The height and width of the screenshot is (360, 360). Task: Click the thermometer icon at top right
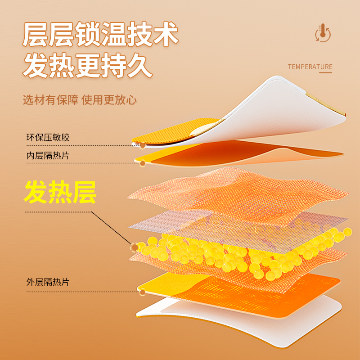(x=322, y=33)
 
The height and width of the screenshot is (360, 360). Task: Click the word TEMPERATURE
(x=310, y=67)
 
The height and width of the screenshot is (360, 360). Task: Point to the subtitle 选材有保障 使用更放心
(x=80, y=99)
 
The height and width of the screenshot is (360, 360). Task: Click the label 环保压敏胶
(x=48, y=138)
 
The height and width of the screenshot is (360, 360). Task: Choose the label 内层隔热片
(x=48, y=156)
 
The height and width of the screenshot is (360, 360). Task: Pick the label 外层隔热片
(x=48, y=282)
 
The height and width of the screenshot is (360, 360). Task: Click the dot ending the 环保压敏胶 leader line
(x=143, y=145)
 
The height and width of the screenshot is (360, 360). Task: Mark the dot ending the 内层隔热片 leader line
(x=143, y=163)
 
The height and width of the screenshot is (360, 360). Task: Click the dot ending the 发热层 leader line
(x=135, y=247)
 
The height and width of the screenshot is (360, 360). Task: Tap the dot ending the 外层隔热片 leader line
(x=143, y=292)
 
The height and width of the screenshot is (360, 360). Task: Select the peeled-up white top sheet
(x=279, y=103)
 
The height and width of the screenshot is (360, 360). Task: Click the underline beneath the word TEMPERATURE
(x=310, y=72)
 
